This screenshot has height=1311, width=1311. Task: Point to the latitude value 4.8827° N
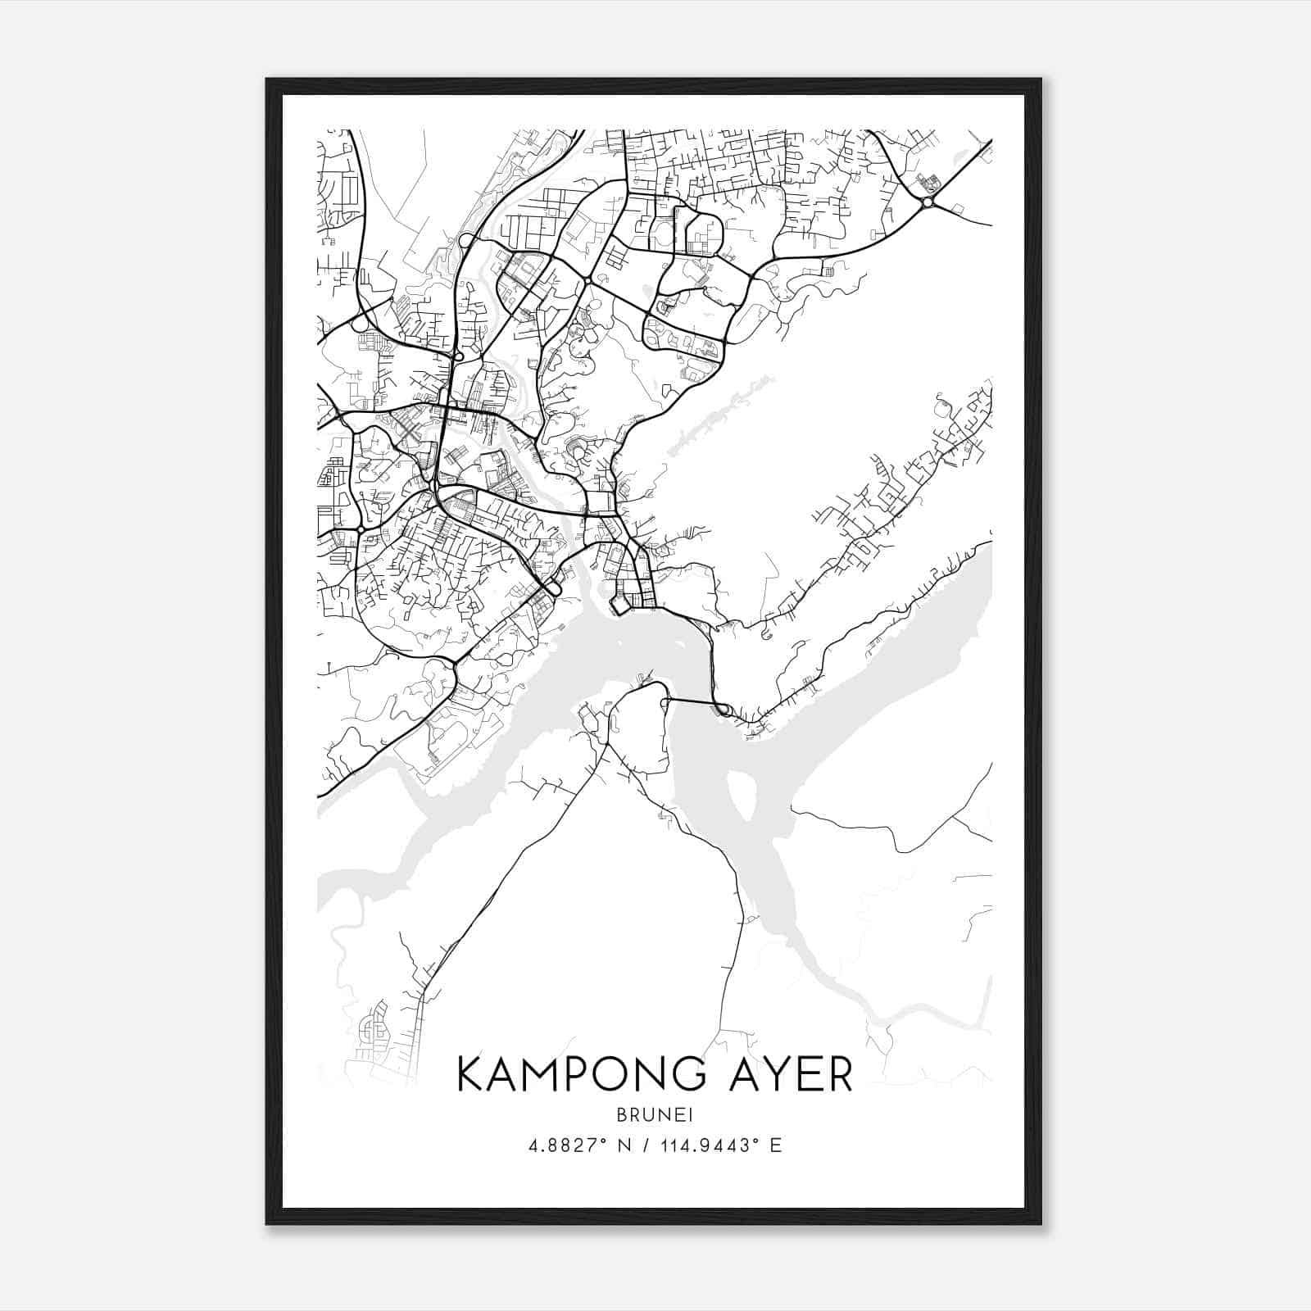coord(578,1145)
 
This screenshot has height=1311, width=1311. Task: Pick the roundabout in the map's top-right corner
coord(927,202)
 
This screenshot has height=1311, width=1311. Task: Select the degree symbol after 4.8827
coord(607,1140)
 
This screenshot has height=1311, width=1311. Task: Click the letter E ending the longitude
coord(776,1145)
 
